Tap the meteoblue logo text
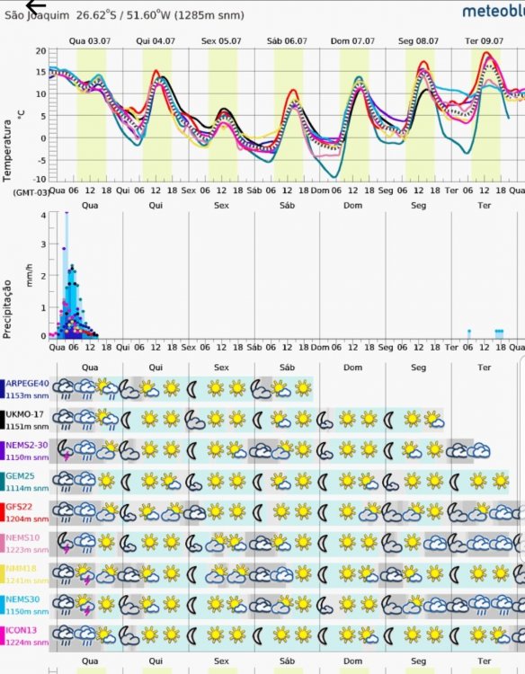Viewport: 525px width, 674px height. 493,11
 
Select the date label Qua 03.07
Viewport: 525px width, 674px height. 90,41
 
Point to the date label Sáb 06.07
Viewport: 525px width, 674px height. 288,41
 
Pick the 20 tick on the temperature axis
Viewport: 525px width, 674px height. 40,51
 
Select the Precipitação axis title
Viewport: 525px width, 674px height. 8,307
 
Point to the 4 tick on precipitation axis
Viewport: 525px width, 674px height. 42,216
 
